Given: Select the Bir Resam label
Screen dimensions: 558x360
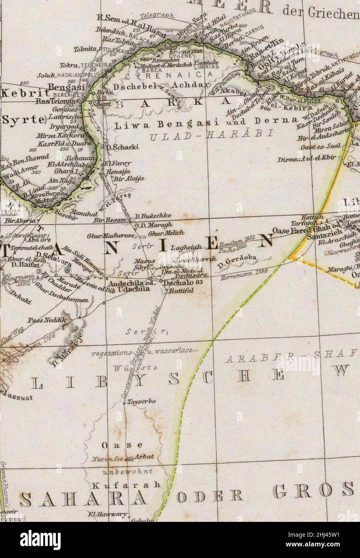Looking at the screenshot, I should pos(104,220).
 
